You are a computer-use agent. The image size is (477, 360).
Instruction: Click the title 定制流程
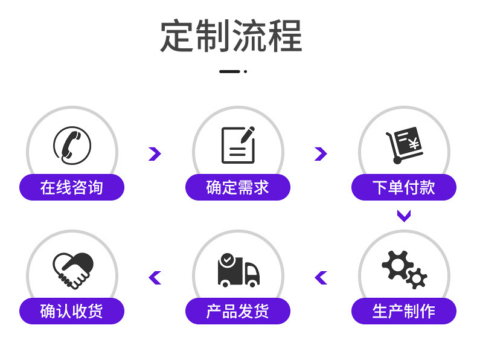point(231,36)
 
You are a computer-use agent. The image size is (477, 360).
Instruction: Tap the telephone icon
point(72,145)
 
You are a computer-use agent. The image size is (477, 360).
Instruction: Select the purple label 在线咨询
point(72,187)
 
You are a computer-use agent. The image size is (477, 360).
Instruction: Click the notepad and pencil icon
point(238,145)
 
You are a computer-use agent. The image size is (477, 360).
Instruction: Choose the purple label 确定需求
point(238,187)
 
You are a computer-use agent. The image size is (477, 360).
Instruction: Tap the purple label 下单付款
point(404,187)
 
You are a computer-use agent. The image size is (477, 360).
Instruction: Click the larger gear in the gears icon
point(395,264)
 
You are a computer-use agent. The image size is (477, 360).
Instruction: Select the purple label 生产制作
point(404,311)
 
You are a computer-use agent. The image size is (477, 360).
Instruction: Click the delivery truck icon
point(238,271)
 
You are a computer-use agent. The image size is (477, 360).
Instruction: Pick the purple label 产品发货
point(238,311)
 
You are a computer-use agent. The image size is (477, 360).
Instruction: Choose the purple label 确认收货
point(72,311)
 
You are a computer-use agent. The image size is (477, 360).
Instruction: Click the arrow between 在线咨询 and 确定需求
point(155,153)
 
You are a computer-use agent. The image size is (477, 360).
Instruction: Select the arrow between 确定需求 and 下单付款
point(321,153)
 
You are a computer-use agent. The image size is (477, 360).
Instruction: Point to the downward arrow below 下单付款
point(404,216)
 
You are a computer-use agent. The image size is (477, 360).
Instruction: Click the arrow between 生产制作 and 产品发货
point(321,278)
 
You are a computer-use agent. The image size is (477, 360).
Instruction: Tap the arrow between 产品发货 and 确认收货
point(155,278)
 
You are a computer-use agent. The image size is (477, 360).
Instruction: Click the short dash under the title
point(229,71)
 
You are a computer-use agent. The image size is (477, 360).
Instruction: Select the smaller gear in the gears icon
point(417,278)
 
